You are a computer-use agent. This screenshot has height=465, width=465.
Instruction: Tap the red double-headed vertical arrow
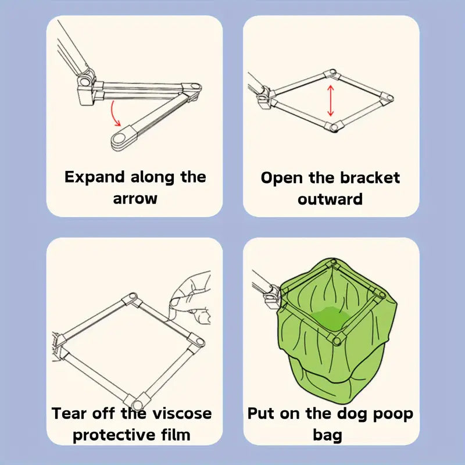(x=331, y=101)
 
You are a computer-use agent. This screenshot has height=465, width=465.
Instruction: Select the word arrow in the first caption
(x=135, y=198)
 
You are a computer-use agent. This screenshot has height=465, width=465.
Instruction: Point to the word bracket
(x=370, y=178)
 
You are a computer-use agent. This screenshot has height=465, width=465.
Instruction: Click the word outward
(x=330, y=199)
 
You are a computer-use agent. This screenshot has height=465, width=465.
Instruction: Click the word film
(x=176, y=434)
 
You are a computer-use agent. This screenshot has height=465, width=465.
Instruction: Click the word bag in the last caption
(x=327, y=435)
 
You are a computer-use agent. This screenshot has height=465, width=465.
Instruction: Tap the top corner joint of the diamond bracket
(x=332, y=74)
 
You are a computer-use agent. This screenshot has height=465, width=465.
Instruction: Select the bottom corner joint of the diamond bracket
(x=334, y=127)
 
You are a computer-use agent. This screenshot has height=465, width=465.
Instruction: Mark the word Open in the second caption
(x=282, y=178)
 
